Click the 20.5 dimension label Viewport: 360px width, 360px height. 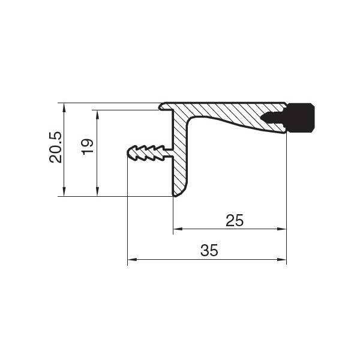(56, 147)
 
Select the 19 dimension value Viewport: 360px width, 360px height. (88, 147)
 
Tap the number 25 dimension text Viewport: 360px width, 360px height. (235, 220)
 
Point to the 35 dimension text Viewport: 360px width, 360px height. (209, 250)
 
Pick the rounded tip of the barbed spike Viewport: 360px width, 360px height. (128, 152)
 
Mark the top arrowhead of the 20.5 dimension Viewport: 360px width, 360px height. (64, 107)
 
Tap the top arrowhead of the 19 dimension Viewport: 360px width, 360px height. (97, 115)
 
